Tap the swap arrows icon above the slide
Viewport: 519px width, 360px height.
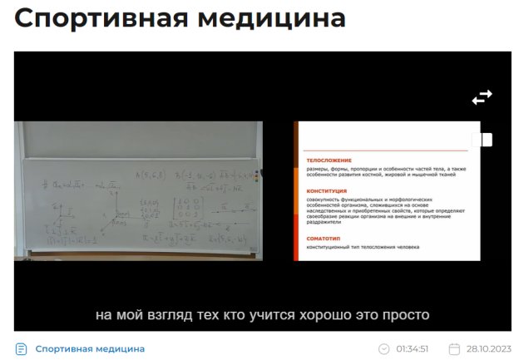coord(482,98)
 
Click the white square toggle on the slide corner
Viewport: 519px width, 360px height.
coord(487,140)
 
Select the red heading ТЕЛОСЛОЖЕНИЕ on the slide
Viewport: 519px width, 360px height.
coord(329,160)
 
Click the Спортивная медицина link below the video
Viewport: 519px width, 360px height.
coord(90,348)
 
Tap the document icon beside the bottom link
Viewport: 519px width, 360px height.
coord(22,348)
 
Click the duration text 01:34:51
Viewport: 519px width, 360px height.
coord(412,349)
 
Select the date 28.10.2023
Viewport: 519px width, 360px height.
coord(488,349)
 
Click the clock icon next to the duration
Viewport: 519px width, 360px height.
coord(383,349)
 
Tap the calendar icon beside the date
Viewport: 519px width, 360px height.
coord(454,349)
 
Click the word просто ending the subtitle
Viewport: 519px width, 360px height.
coord(408,315)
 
